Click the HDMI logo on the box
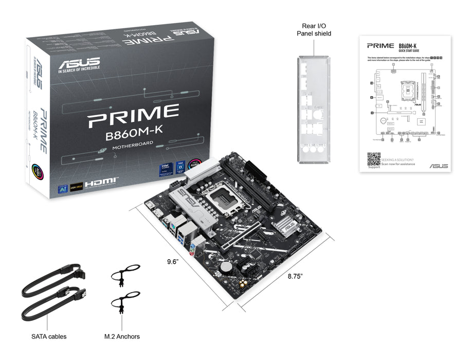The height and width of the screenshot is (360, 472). (x=102, y=183)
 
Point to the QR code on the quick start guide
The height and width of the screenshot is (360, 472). (x=374, y=159)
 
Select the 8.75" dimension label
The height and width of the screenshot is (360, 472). (x=295, y=276)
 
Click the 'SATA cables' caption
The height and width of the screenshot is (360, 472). (x=49, y=337)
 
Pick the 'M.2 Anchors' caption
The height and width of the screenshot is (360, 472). (x=122, y=337)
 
